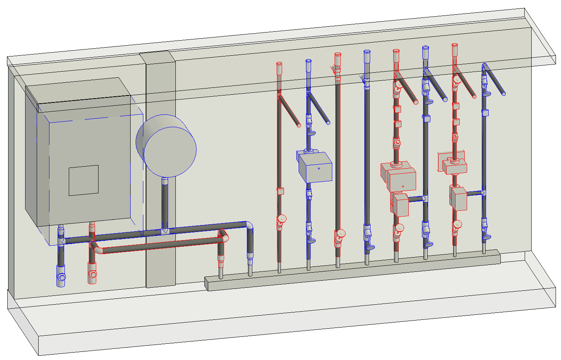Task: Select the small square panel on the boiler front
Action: [x=83, y=180]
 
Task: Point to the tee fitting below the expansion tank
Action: [x=165, y=231]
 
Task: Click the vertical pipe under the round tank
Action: [x=165, y=203]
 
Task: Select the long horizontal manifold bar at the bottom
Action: [x=352, y=271]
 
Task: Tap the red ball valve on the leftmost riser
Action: [x=281, y=220]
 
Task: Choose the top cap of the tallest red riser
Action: [x=338, y=56]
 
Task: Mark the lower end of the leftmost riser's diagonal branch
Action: [x=299, y=125]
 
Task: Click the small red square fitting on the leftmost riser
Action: [x=280, y=191]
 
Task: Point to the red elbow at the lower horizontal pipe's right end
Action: [x=223, y=235]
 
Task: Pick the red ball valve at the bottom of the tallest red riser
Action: [x=340, y=234]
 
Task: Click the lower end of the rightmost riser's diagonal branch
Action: [x=503, y=93]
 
